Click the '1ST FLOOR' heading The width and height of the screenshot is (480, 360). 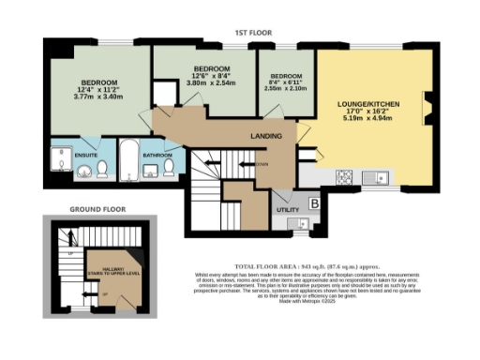(x=254, y=33)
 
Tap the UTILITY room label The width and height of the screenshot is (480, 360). (x=287, y=209)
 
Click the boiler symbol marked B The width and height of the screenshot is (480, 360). (x=314, y=202)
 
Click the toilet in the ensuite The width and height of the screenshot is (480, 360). (x=104, y=169)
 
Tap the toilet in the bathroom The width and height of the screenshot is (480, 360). (x=169, y=167)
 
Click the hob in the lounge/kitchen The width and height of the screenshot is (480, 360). (x=343, y=176)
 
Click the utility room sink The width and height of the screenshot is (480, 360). (x=299, y=223)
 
